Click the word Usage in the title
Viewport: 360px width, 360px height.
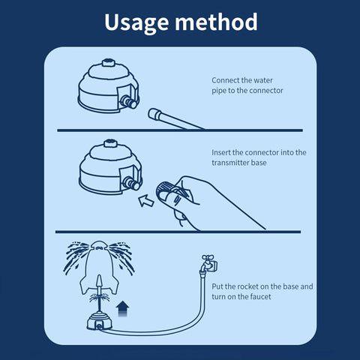[x=136, y=22]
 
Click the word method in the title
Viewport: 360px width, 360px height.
[x=216, y=22]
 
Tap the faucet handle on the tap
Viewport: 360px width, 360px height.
[x=207, y=257]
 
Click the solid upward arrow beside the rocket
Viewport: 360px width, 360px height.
[x=122, y=308]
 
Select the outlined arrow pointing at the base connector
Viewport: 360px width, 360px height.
[x=146, y=201]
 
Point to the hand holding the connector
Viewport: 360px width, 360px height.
[x=205, y=202]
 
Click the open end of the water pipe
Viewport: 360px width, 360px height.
[x=152, y=113]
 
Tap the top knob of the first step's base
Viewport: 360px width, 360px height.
[x=109, y=62]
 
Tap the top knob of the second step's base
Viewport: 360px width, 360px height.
[x=110, y=143]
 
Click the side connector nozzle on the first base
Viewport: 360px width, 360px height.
[x=128, y=101]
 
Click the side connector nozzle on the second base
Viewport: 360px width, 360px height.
[x=131, y=184]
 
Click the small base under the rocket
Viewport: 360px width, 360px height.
[x=99, y=322]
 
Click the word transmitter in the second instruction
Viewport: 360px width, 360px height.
[x=230, y=163]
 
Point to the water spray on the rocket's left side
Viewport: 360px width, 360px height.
[x=76, y=256]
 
